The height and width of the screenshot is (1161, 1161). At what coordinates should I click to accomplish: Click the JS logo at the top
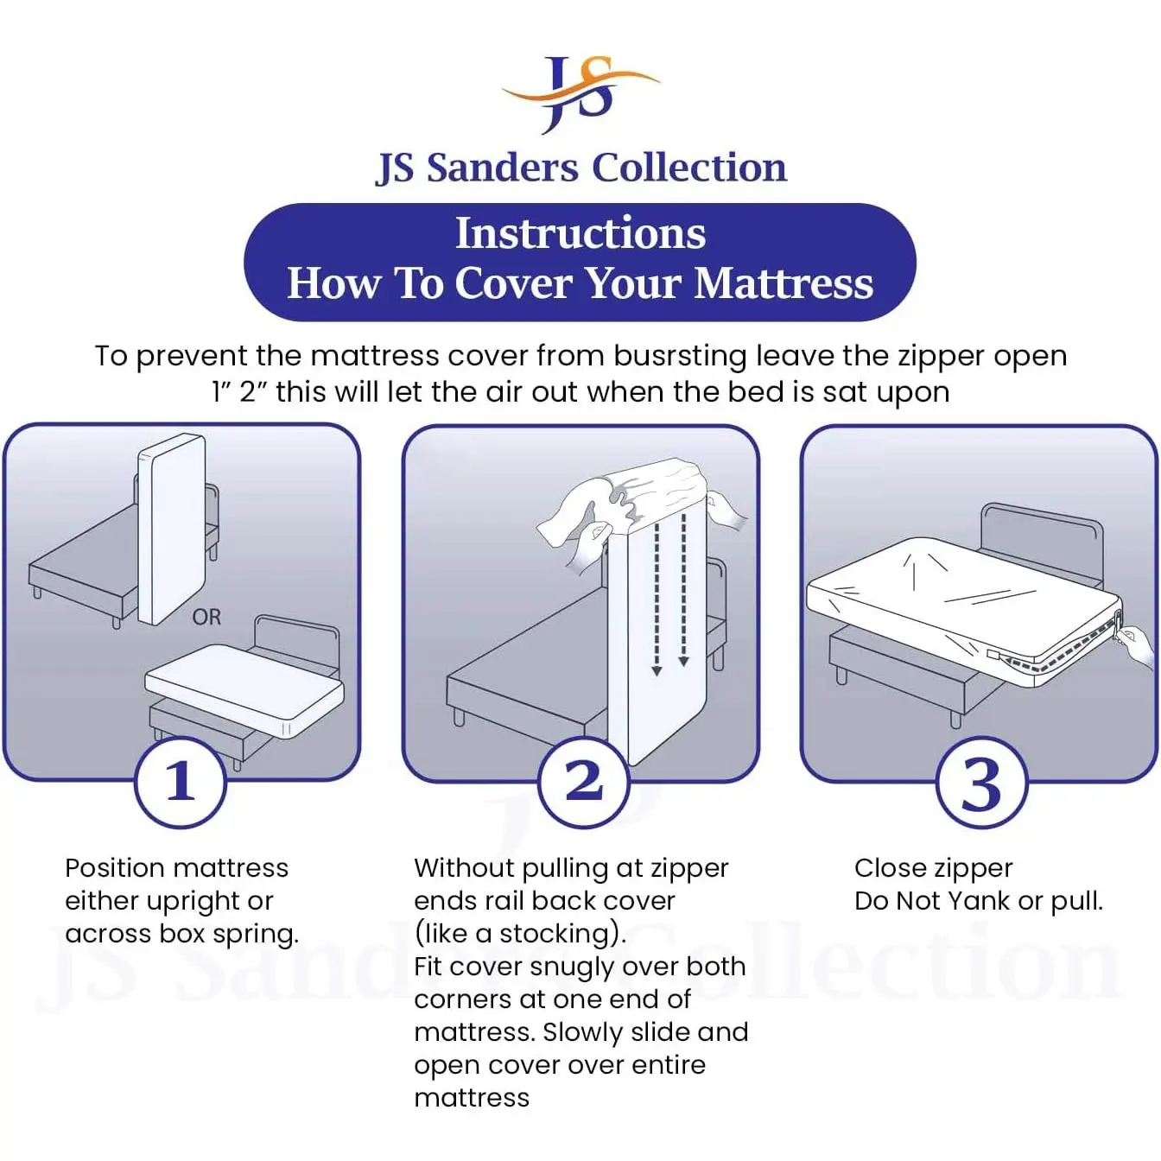click(x=580, y=94)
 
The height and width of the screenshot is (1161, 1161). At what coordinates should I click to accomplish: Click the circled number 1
click(x=181, y=782)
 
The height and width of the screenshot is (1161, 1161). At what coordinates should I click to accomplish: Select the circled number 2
click(x=583, y=782)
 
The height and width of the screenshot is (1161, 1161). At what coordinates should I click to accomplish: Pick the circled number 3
click(x=981, y=783)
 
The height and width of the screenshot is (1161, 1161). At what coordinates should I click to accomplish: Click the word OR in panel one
click(x=206, y=617)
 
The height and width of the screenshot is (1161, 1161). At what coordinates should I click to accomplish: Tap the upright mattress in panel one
click(x=172, y=529)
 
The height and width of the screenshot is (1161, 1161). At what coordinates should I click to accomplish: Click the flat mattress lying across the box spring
click(x=244, y=690)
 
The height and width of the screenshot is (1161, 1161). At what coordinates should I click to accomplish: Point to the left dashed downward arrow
click(x=657, y=594)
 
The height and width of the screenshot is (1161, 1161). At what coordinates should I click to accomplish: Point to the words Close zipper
click(x=933, y=869)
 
